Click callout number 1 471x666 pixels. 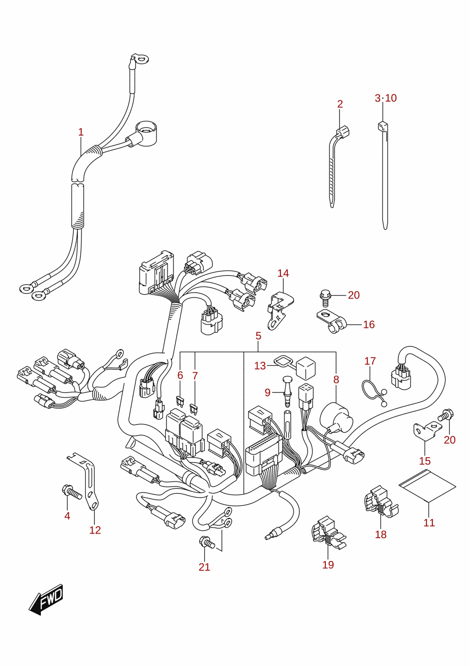tap(81, 132)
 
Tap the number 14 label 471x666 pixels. tap(283, 273)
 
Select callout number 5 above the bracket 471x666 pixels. tap(258, 336)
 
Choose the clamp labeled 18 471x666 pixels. tap(381, 502)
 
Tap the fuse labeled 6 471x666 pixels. tap(180, 401)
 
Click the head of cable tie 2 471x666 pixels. tap(343, 132)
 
